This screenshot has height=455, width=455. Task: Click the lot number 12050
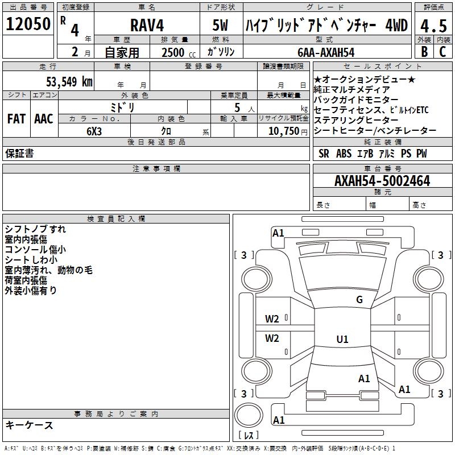[x=28, y=24]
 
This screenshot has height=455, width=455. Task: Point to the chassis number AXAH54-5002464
[x=382, y=181]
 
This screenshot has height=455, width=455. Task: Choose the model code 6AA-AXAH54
[x=326, y=52]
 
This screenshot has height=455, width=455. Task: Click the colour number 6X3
[x=94, y=130]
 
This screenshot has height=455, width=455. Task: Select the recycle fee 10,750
[x=283, y=130]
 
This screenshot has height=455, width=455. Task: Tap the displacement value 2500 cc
[x=176, y=52]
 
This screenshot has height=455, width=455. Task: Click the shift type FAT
[x=16, y=119]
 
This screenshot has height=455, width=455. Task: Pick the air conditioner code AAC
[x=44, y=119]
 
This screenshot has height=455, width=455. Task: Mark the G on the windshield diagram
[x=359, y=300]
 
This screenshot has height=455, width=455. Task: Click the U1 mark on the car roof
[x=342, y=340]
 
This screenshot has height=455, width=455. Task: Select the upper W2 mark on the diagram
[x=272, y=318]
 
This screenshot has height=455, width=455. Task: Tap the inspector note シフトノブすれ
[x=35, y=229]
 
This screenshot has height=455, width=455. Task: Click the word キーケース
[x=29, y=425]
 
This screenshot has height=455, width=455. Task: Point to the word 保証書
[x=19, y=154]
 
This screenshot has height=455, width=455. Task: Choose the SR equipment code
[x=324, y=154]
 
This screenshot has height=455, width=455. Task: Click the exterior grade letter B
[x=424, y=52]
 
